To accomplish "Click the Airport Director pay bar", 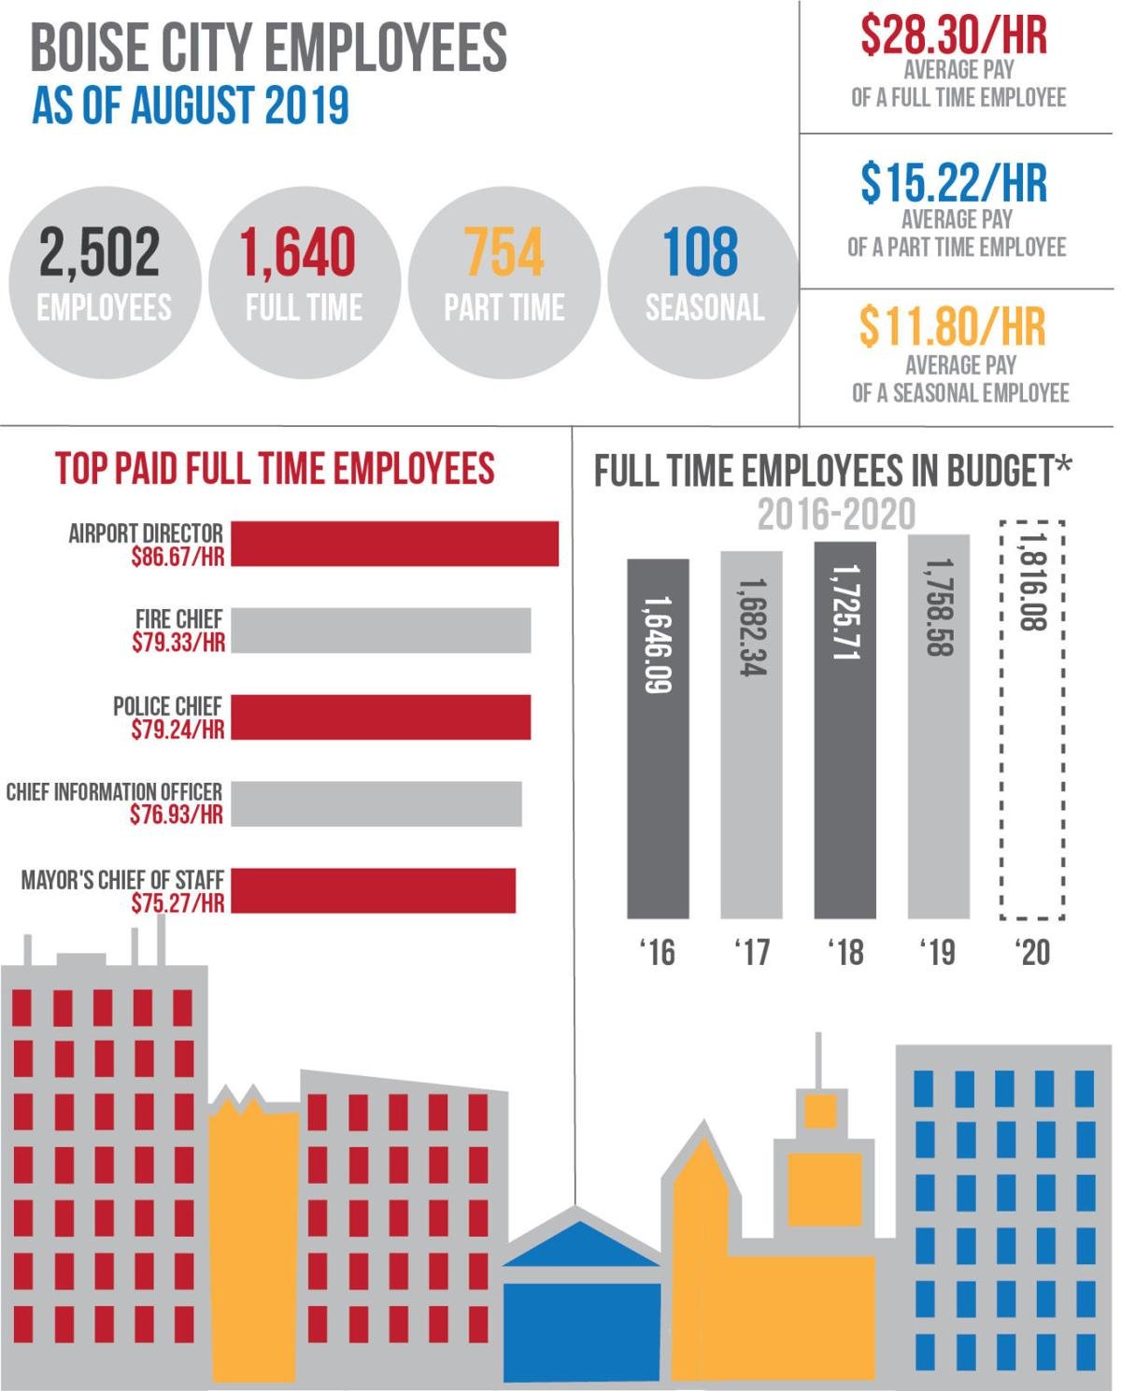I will click(394, 544).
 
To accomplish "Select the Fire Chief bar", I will click(380, 631).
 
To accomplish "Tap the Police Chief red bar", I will click(380, 717).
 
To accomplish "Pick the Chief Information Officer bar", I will click(376, 803).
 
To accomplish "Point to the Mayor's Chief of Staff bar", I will click(373, 890).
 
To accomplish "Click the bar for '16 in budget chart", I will click(658, 738).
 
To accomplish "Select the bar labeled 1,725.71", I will click(844, 729).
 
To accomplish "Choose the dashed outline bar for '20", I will click(1031, 719).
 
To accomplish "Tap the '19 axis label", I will click(937, 952).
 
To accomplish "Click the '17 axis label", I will click(751, 952).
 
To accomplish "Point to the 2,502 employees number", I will click(100, 252).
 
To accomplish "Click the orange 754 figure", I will click(504, 252).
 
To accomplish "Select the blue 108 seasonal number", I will click(700, 252).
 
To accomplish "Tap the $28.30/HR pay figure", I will click(954, 35).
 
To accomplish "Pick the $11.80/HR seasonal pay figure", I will click(952, 327).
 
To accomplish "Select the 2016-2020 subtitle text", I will click(836, 515).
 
